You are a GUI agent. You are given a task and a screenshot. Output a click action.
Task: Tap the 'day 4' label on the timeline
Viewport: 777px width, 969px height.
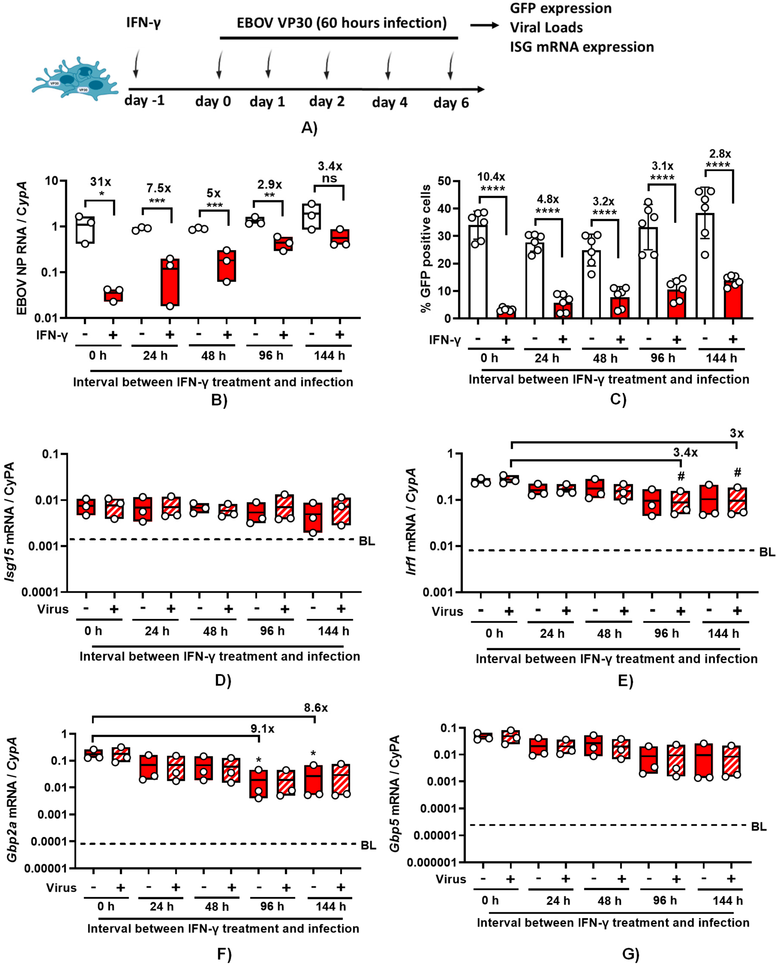coord(389,103)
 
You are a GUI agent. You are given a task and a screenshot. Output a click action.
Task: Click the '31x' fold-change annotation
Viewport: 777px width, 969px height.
coord(100,182)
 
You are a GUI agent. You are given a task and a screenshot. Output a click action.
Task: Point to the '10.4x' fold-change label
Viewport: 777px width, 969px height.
coord(491,177)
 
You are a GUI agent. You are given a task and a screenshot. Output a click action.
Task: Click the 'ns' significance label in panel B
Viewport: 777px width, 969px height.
coord(330,178)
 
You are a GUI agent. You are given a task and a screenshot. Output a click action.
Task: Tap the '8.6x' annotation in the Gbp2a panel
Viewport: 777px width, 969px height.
coord(316,708)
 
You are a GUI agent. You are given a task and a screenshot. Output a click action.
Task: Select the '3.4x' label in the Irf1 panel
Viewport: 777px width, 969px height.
coord(685,452)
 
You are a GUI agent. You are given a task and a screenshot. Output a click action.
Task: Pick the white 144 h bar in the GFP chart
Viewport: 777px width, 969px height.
coord(705,265)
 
